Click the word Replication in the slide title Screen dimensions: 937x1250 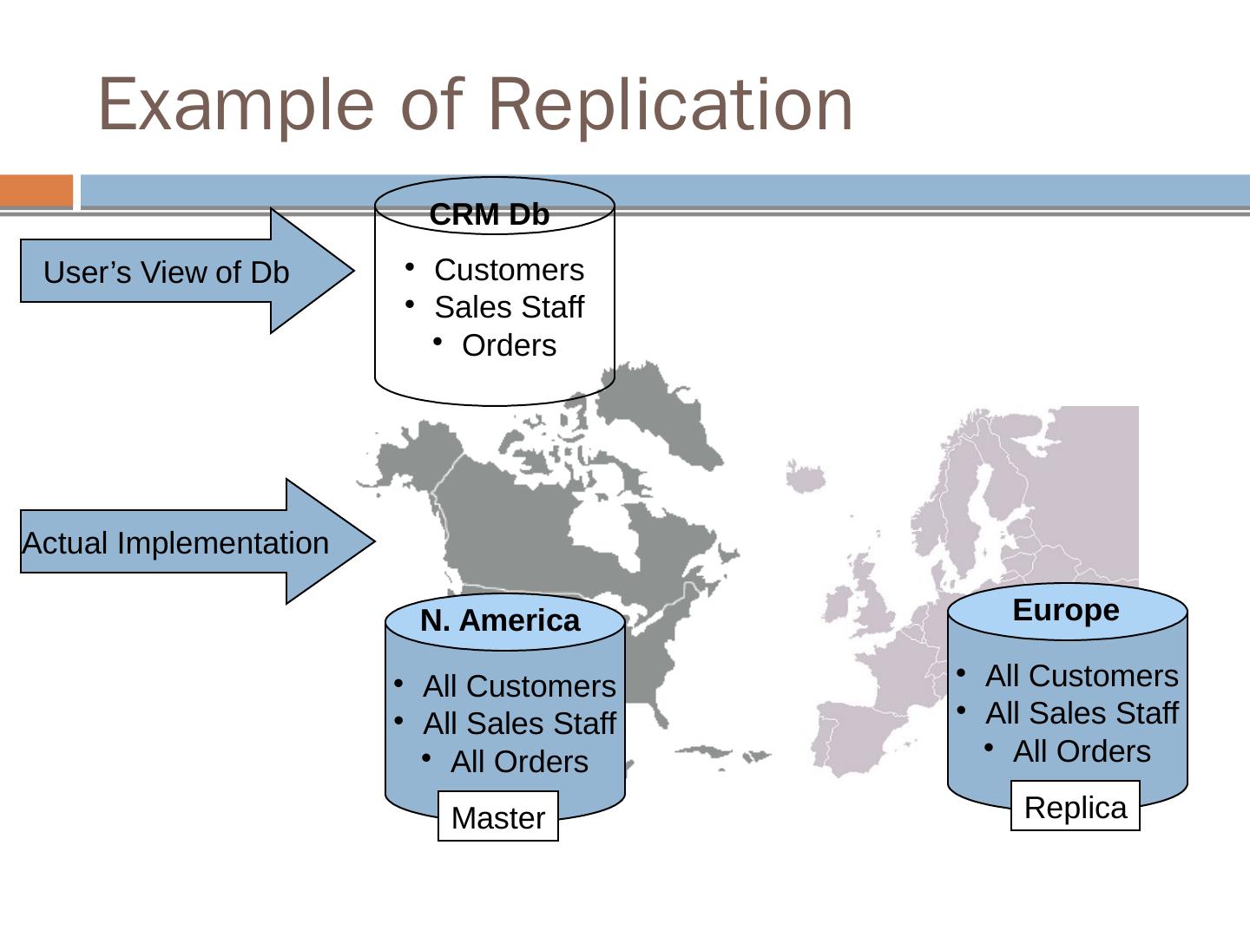point(677,105)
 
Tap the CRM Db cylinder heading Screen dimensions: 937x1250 point(490,214)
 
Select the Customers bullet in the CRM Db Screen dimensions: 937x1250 point(509,270)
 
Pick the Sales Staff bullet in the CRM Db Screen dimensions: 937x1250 point(509,307)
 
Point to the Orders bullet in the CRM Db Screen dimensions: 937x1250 point(509,345)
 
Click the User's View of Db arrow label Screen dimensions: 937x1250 point(166,272)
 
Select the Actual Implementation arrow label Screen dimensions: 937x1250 point(175,543)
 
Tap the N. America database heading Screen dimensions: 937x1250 point(500,620)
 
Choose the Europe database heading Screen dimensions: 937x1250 point(1066,610)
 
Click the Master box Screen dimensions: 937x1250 point(498,816)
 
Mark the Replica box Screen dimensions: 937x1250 point(1075,807)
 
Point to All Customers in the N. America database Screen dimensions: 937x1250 point(519,686)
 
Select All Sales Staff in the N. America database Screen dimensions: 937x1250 point(519,724)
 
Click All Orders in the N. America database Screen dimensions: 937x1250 point(519,762)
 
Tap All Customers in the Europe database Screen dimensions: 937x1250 point(1082,676)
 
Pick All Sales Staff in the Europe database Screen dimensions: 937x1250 point(1082,713)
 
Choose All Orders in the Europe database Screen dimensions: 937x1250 point(1082,751)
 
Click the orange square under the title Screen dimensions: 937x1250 point(36,191)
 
